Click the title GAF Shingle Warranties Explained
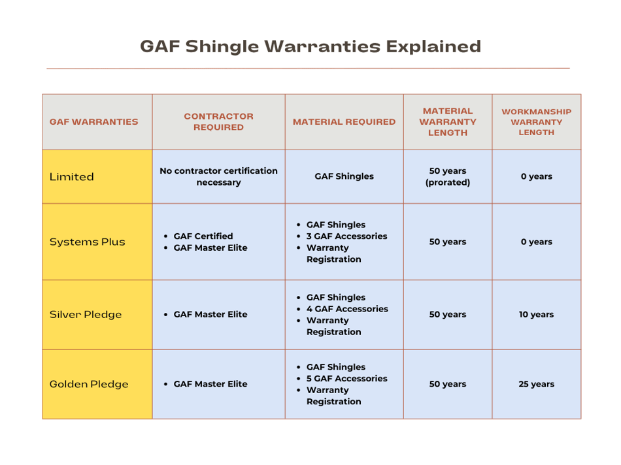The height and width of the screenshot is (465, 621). click(310, 46)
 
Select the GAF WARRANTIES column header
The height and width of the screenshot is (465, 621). click(94, 121)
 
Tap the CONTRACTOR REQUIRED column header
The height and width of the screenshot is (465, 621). click(218, 121)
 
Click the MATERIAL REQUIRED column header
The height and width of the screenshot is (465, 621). click(344, 121)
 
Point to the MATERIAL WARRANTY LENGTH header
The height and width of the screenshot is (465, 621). click(448, 121)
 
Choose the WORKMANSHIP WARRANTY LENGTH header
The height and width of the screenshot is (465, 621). click(536, 121)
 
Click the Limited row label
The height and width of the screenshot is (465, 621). click(72, 176)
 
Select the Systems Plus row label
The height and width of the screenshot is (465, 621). click(87, 242)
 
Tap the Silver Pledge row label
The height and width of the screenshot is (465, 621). click(86, 314)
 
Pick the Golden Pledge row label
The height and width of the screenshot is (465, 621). click(89, 384)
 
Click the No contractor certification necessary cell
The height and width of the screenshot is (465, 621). click(218, 176)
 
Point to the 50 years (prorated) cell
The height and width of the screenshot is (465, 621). click(448, 176)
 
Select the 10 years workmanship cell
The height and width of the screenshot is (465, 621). click(536, 314)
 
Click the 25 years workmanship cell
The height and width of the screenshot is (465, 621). click(536, 384)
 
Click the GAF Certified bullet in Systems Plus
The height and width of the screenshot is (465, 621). click(203, 236)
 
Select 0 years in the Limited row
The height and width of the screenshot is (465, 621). click(536, 176)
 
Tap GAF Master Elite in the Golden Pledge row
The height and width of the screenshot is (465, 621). click(210, 384)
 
